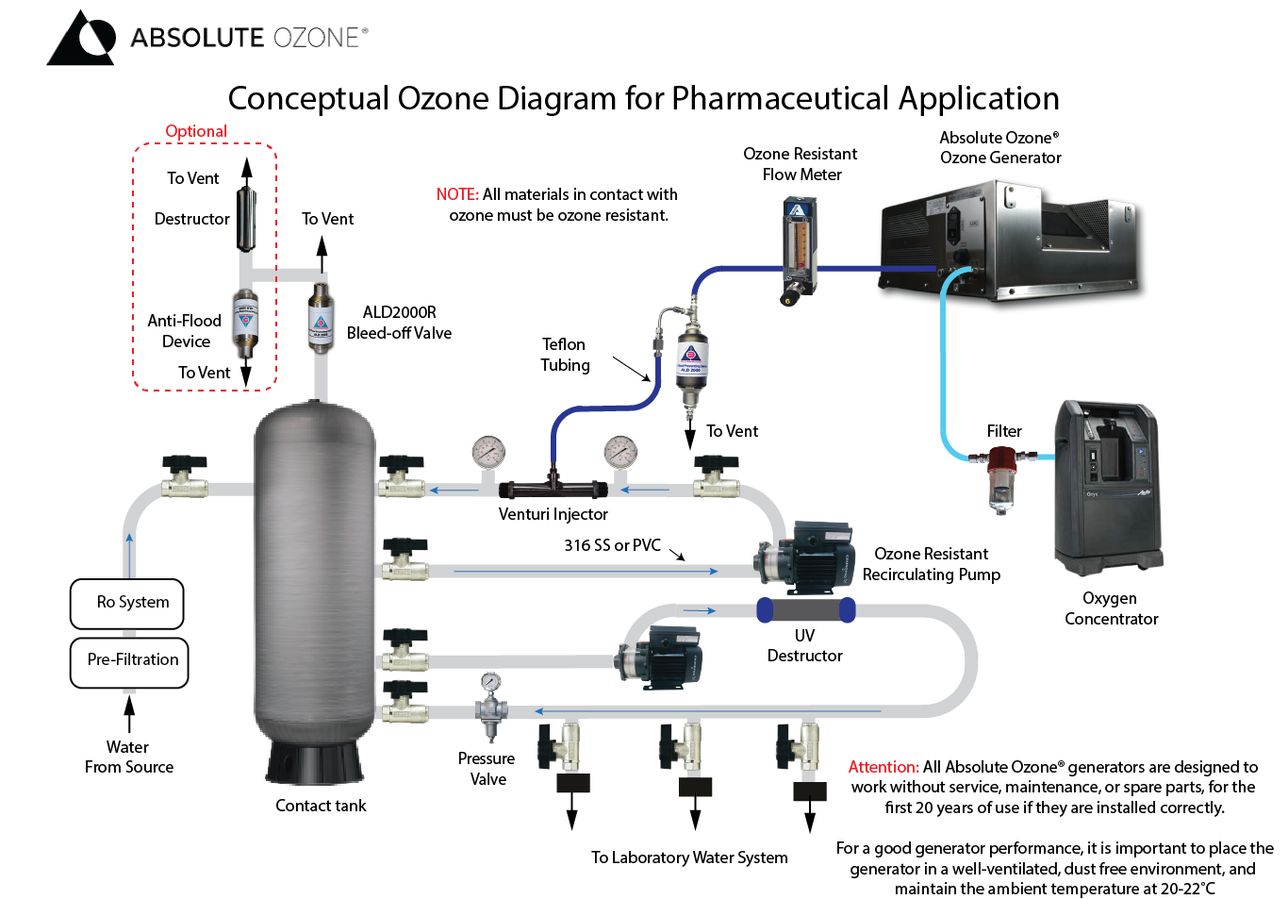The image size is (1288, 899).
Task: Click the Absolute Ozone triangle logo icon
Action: tap(81, 40)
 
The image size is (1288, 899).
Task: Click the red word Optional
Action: tap(196, 131)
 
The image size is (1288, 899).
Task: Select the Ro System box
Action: tap(127, 603)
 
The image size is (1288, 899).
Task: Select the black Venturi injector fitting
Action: tap(553, 489)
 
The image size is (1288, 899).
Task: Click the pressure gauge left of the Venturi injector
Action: tap(488, 453)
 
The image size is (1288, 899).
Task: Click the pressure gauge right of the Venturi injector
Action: tap(620, 453)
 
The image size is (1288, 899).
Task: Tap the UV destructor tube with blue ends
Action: tap(806, 610)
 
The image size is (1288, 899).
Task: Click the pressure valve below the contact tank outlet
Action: tap(490, 708)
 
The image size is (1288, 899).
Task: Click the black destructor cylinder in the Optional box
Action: tap(246, 219)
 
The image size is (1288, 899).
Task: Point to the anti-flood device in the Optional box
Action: tap(245, 321)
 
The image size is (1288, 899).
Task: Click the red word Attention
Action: tap(883, 767)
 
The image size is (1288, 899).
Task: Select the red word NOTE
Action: tap(457, 194)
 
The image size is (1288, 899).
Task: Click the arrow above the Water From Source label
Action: tap(129, 712)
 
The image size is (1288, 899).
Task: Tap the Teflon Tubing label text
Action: tap(565, 355)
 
